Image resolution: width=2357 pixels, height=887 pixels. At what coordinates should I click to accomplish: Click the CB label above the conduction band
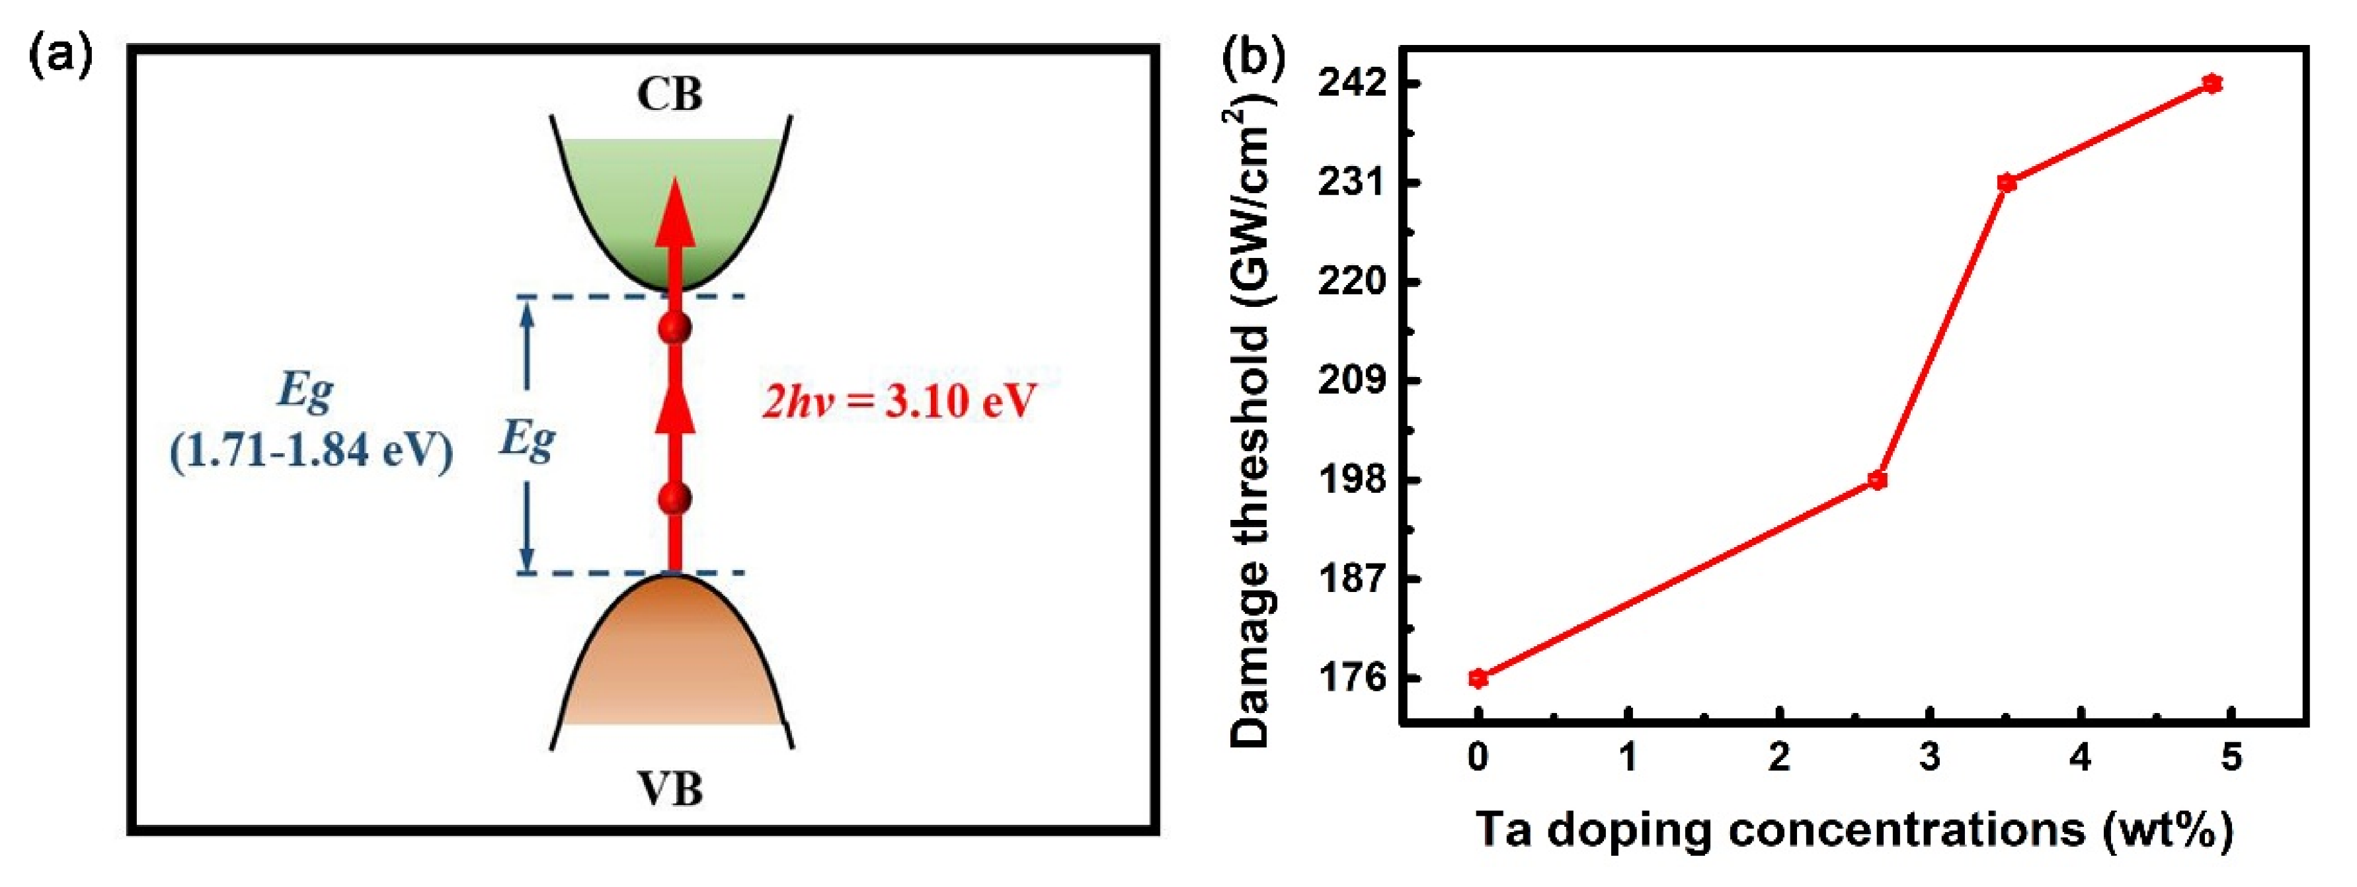click(x=670, y=95)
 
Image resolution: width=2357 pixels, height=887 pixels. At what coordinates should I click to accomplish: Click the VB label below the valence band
click(x=670, y=789)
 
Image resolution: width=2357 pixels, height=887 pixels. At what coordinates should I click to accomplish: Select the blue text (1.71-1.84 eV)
click(x=312, y=450)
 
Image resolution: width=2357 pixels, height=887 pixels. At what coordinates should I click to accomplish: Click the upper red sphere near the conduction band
click(x=675, y=327)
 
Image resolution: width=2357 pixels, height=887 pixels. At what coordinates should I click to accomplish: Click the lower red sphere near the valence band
click(x=675, y=499)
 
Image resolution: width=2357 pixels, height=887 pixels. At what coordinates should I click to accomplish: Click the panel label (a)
click(x=61, y=57)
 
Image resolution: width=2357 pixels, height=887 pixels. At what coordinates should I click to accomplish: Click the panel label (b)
click(x=1254, y=57)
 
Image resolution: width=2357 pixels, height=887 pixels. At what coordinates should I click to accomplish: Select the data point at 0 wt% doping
click(x=1478, y=678)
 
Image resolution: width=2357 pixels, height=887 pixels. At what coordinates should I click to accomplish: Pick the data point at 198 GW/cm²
click(x=1878, y=480)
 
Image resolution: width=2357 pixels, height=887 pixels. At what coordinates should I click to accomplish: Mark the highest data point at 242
click(x=2212, y=84)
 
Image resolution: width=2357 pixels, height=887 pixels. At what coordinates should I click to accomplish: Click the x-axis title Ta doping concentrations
click(x=1855, y=830)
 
